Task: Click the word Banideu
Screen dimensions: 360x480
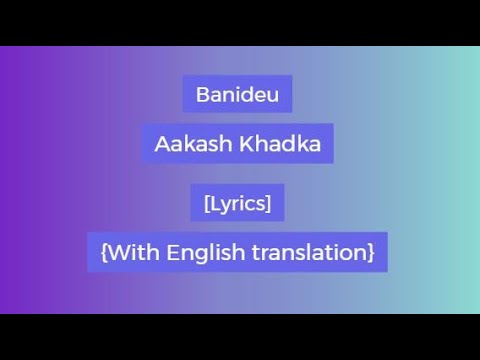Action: pyautogui.click(x=237, y=96)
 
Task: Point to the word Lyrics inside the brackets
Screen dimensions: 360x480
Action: pyautogui.click(x=237, y=203)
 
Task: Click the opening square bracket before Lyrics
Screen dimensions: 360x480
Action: pyautogui.click(x=206, y=203)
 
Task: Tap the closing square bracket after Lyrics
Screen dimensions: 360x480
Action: pyautogui.click(x=269, y=203)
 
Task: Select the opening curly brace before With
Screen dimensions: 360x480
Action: pyautogui.click(x=104, y=252)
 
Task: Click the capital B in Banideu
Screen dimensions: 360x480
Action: pyautogui.click(x=204, y=96)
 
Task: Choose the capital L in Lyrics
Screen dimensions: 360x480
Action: pyautogui.click(x=214, y=203)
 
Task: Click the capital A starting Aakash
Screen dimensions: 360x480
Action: pyautogui.click(x=161, y=144)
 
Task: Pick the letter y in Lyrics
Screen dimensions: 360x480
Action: pyautogui.click(x=225, y=205)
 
